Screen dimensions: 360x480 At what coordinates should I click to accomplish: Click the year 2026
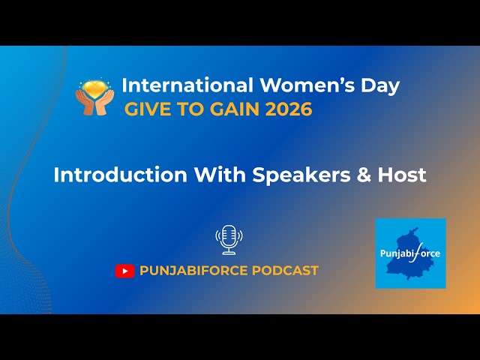pos(290,109)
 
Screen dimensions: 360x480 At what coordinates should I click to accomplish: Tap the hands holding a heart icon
pos(94,97)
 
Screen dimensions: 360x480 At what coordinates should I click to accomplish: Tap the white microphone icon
pos(229,239)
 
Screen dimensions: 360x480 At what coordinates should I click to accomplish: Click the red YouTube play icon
pos(124,271)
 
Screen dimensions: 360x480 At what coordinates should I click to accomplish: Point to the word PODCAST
pos(287,271)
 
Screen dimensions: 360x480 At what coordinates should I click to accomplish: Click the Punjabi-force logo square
pos(410,253)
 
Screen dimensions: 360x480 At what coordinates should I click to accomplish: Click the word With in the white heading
pos(220,175)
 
